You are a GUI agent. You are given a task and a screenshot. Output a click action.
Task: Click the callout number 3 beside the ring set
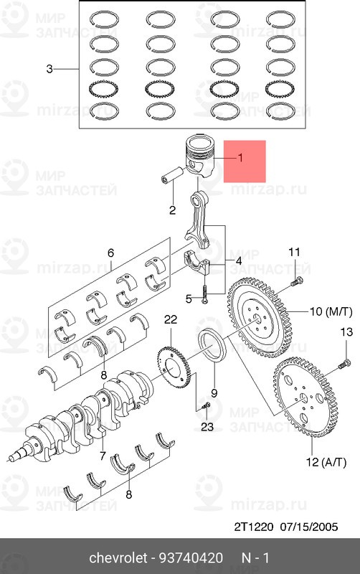click(49, 69)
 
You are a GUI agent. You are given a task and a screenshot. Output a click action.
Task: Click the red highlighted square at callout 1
click(245, 161)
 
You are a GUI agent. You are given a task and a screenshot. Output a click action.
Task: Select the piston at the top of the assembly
click(200, 156)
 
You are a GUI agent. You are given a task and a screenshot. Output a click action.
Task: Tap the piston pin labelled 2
click(172, 175)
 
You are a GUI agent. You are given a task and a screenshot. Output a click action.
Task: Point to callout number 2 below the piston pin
click(172, 210)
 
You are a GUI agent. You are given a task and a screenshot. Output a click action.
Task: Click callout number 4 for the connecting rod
click(239, 261)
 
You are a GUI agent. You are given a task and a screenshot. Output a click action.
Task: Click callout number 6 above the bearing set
click(110, 253)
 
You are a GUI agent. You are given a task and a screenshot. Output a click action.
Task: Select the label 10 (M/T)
click(331, 312)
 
